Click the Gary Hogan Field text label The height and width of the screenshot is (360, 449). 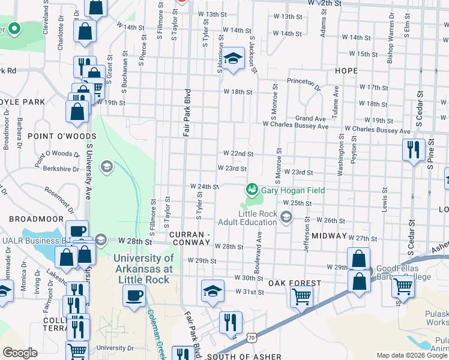pos(293,190)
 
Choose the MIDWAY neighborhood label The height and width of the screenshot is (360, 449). pos(330,236)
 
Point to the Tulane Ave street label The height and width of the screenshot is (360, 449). pos(337,98)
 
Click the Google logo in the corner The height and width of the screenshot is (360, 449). pos(20,353)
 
